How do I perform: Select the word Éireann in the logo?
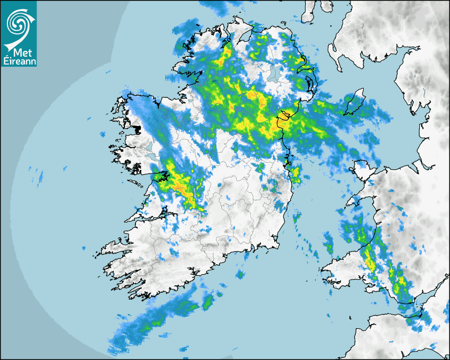19,61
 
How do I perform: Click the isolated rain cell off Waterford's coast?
241,275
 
